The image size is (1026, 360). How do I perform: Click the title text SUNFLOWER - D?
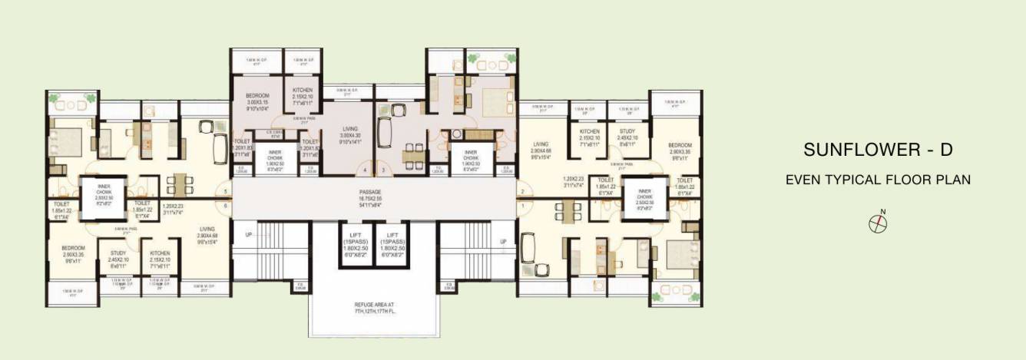pos(878,150)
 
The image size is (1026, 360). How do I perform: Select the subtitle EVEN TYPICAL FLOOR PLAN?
pos(878,180)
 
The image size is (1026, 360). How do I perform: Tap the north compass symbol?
pos(878,223)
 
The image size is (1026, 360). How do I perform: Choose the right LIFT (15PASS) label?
pos(392,243)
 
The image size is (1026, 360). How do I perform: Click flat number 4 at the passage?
pos(365,170)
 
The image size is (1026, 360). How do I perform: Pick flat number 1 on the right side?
pos(521,206)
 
